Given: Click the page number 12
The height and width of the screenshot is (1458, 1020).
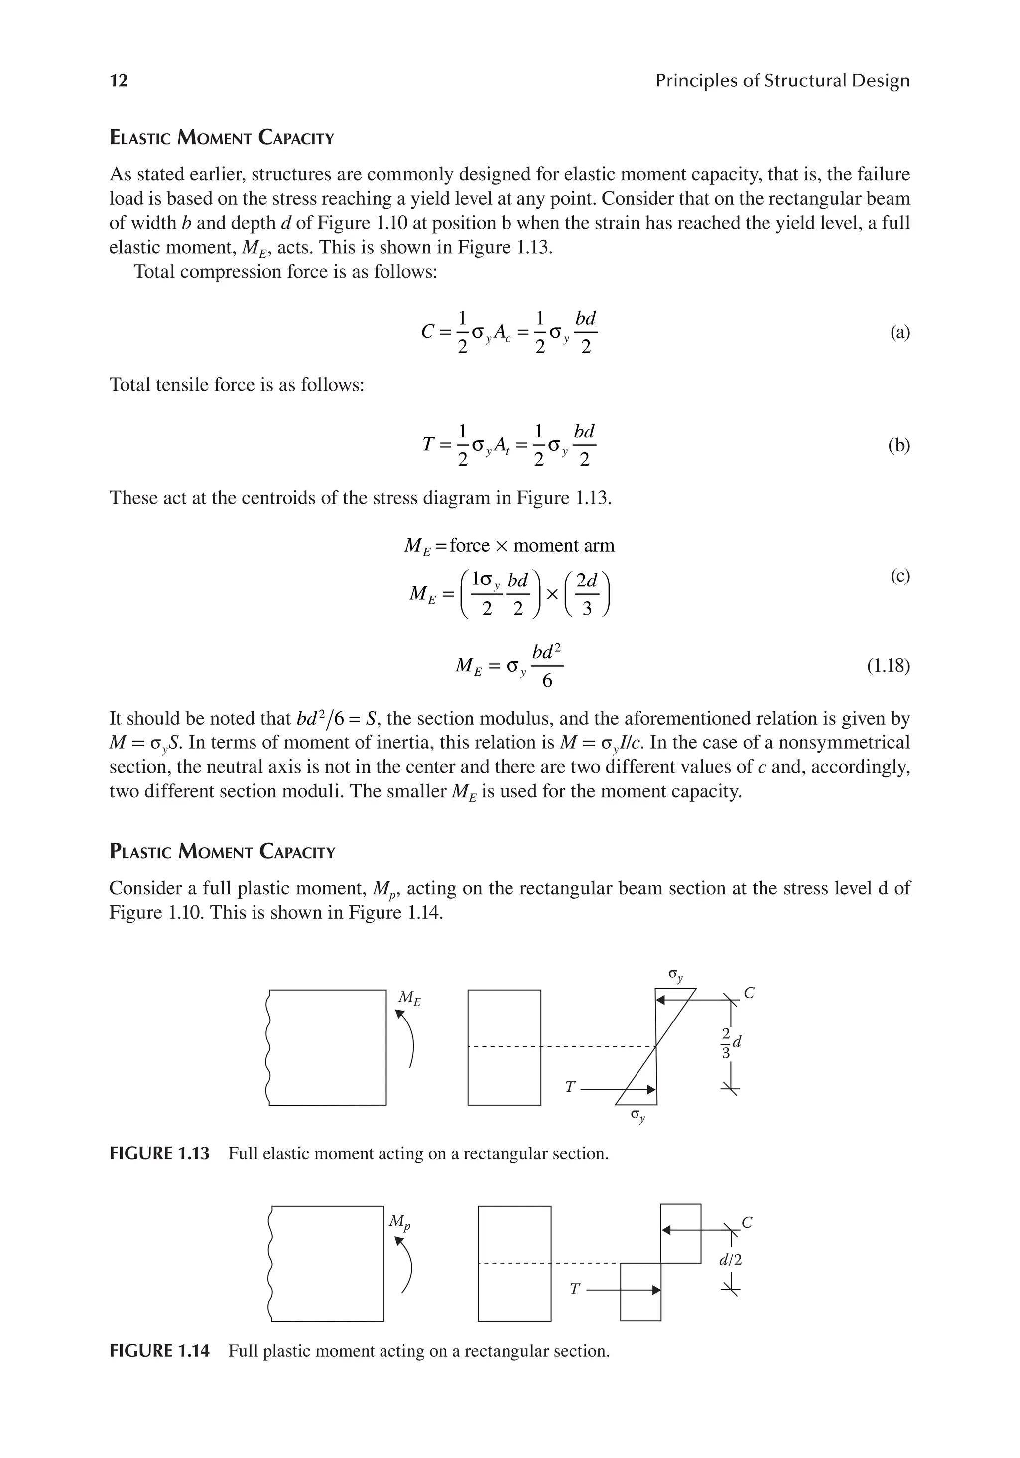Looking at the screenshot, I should (119, 81).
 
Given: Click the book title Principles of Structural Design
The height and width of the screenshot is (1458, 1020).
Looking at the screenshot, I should (782, 81).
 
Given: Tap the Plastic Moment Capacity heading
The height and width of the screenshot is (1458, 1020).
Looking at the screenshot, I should (222, 851).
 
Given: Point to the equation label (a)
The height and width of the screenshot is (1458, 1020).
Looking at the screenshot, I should (899, 332).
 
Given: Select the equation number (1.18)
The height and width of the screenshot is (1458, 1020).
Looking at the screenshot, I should (888, 666).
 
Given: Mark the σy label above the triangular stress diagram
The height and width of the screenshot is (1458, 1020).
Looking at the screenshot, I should (676, 975).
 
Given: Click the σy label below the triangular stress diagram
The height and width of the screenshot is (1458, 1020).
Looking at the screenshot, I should (637, 1116).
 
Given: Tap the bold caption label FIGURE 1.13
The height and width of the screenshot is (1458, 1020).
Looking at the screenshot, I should (159, 1153).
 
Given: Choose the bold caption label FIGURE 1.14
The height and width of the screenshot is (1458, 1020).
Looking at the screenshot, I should (159, 1351).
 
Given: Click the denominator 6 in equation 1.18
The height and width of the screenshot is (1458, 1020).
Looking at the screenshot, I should (546, 681).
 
